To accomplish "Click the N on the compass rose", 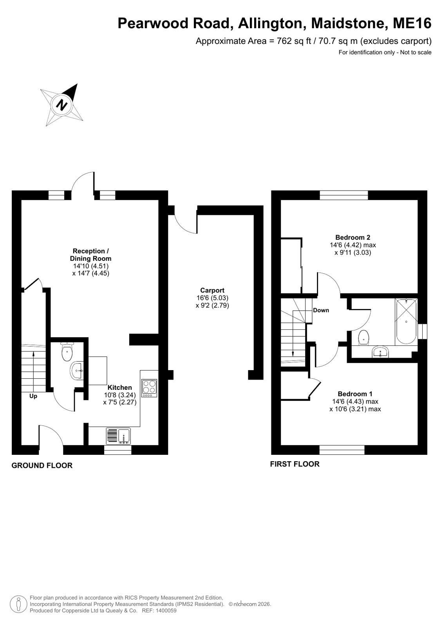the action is (x=62, y=105).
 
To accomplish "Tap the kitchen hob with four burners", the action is (x=149, y=388).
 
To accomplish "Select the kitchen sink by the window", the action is (x=118, y=436).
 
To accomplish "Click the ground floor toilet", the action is (x=67, y=352).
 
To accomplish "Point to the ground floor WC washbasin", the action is (x=77, y=371).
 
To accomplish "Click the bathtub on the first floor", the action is (x=406, y=322).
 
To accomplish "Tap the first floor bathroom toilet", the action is (x=363, y=338).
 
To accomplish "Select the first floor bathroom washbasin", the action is (x=381, y=352).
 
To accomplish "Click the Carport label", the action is (x=212, y=290).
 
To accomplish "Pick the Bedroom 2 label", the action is (x=353, y=237).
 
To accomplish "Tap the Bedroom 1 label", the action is (x=355, y=394).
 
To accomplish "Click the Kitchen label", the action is (x=120, y=387).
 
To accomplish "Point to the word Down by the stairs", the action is (x=321, y=310).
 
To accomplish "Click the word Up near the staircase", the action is (x=33, y=396).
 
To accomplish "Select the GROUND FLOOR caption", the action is (x=42, y=465).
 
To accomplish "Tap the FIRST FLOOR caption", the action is (x=295, y=464).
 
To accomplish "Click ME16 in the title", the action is (x=412, y=23).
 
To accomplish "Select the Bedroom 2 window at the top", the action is (x=344, y=195).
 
